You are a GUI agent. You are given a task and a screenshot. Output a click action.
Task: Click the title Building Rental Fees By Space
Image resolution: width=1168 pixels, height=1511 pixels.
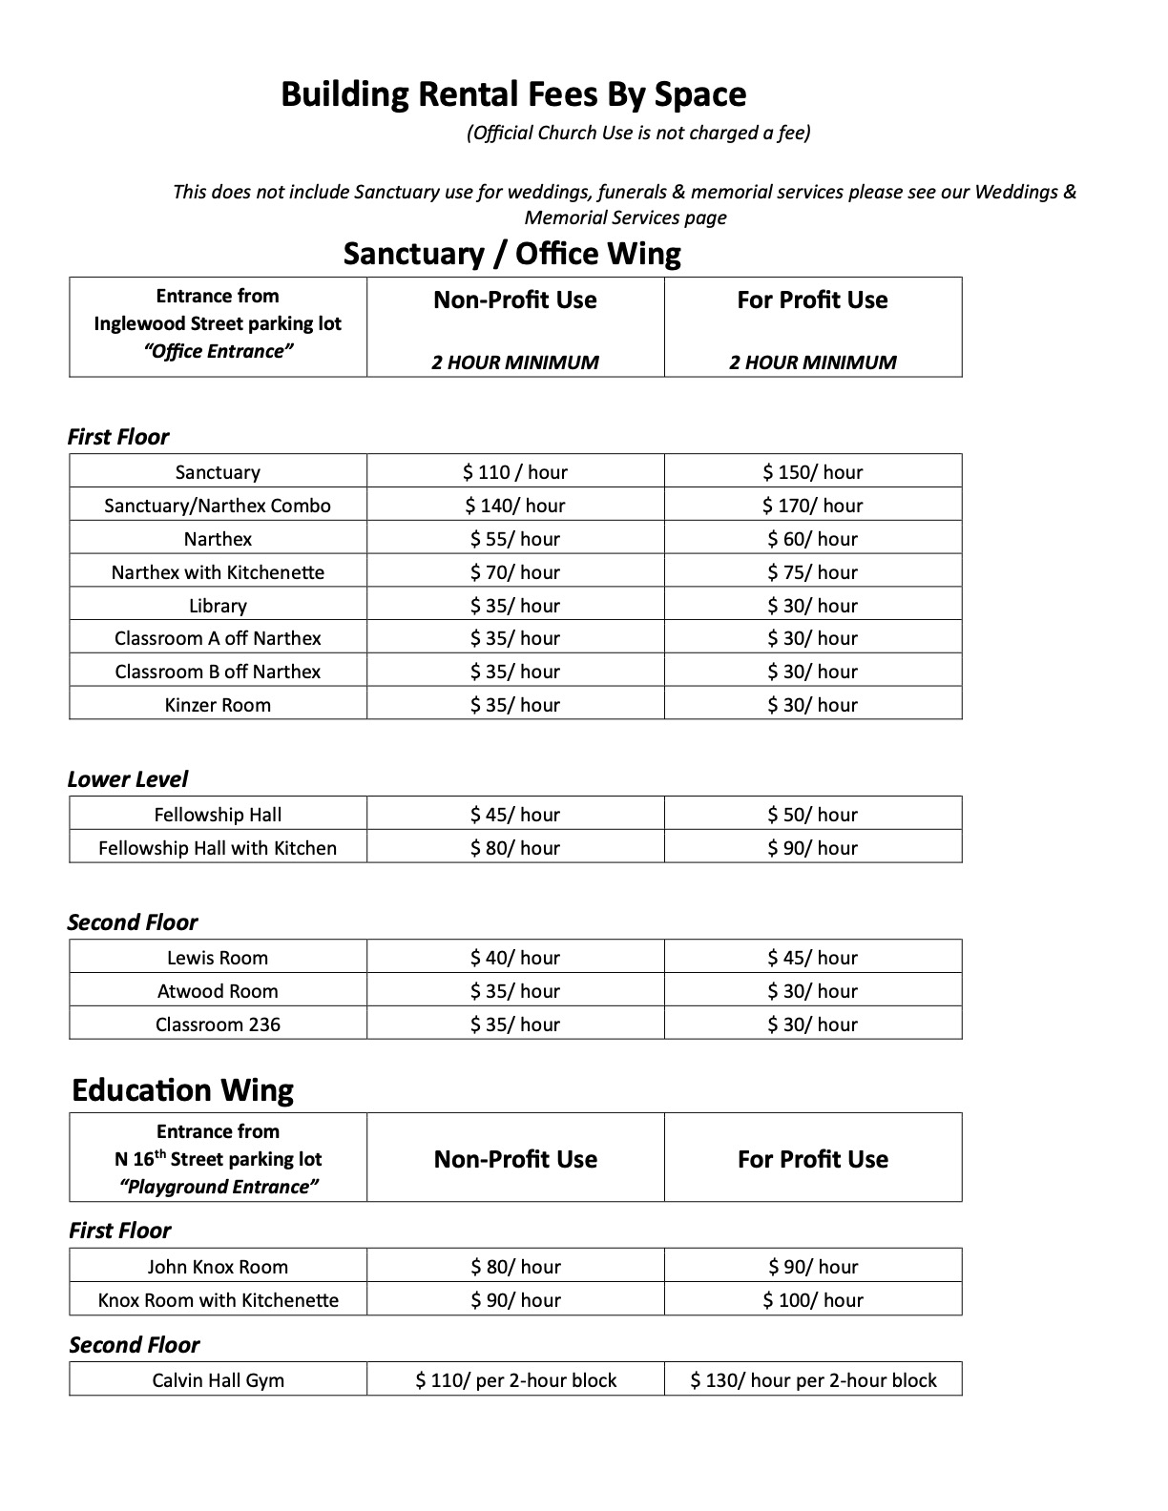pyautogui.click(x=513, y=94)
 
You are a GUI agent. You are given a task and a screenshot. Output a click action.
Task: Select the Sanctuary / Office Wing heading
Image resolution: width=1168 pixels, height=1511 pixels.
pyautogui.click(x=511, y=254)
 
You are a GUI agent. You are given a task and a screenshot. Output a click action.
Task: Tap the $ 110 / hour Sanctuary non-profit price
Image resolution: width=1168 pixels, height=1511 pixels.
pyautogui.click(x=514, y=472)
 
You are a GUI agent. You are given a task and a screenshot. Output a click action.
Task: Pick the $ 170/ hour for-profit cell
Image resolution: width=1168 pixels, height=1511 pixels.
pyautogui.click(x=812, y=506)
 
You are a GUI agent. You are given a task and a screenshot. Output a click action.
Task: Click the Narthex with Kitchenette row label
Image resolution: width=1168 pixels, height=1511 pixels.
pyautogui.click(x=218, y=572)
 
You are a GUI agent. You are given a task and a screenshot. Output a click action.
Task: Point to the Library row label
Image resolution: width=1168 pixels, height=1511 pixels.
pyautogui.click(x=218, y=606)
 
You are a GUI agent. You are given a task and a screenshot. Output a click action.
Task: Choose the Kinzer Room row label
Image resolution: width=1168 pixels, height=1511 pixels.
pyautogui.click(x=218, y=705)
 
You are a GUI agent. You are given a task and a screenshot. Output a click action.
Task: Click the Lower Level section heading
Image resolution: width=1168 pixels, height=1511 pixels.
pyautogui.click(x=127, y=779)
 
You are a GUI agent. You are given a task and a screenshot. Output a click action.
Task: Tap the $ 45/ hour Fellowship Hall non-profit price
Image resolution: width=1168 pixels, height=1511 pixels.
pyautogui.click(x=514, y=815)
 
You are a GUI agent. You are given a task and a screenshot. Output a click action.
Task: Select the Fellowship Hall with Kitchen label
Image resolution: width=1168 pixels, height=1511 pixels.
pyautogui.click(x=218, y=848)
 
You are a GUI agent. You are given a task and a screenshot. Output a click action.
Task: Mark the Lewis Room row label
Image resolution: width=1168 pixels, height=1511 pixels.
pyautogui.click(x=218, y=958)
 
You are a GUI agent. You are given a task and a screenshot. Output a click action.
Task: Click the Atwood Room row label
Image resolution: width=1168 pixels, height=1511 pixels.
pyautogui.click(x=218, y=991)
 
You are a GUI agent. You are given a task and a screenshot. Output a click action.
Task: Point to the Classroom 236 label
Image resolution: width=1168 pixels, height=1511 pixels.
pyautogui.click(x=218, y=1025)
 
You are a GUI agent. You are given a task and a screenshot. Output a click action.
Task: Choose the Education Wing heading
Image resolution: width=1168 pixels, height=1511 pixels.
pyautogui.click(x=182, y=1090)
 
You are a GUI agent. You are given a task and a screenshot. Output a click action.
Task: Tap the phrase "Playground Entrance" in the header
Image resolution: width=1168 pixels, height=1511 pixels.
pyautogui.click(x=218, y=1187)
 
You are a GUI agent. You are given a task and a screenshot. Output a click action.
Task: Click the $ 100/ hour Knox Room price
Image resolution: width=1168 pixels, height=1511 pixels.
pyautogui.click(x=812, y=1300)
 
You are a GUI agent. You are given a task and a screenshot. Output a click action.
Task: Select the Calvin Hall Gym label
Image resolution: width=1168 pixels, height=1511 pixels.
pyautogui.click(x=218, y=1380)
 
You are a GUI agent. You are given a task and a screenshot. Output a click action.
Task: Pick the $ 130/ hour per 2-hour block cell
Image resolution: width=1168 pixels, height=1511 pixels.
pyautogui.click(x=813, y=1380)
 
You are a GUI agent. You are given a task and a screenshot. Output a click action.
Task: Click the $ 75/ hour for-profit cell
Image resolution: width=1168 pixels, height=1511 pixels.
pyautogui.click(x=812, y=572)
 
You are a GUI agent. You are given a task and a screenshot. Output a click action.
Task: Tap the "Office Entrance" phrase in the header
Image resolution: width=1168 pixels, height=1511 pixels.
pyautogui.click(x=218, y=351)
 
